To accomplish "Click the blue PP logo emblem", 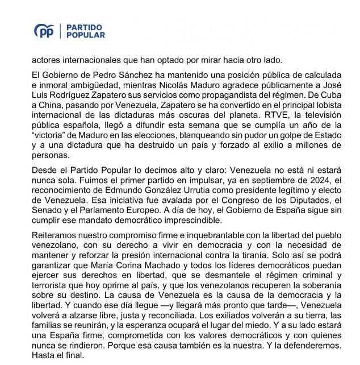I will point(44,31).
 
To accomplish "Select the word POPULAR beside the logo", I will point(86,35).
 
